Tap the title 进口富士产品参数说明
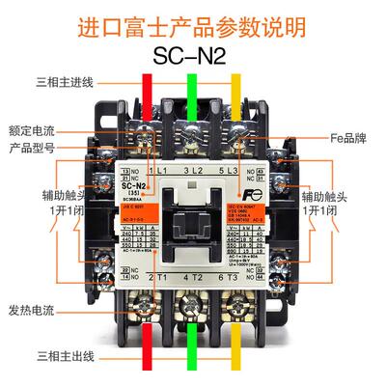(193, 20)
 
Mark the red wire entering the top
(147, 101)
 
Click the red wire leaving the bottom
(147, 347)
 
